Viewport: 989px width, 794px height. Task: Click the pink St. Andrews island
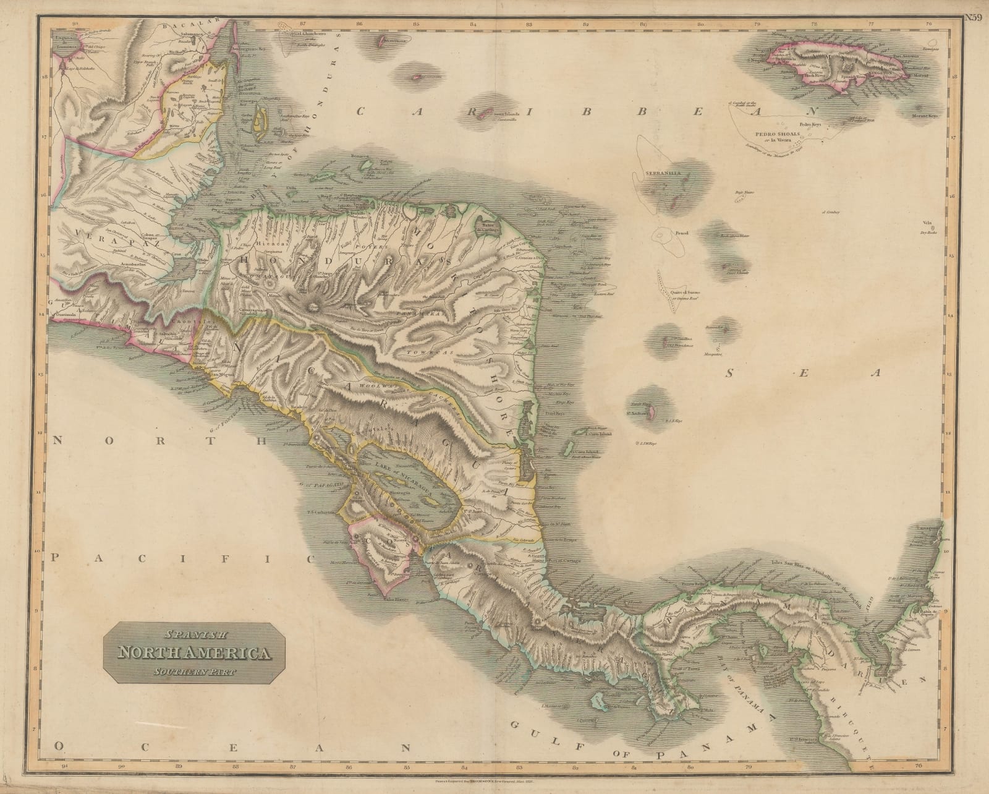click(x=650, y=410)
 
